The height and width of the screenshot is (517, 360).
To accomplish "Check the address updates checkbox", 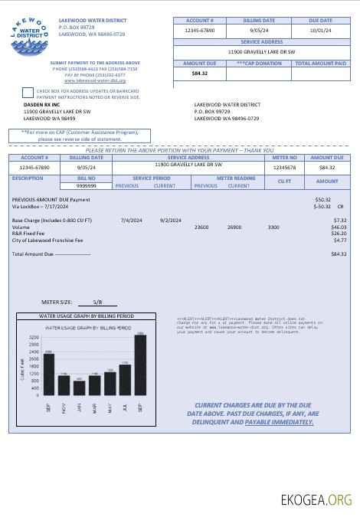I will coord(28,92).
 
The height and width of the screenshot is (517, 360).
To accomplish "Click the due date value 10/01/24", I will coord(320,31).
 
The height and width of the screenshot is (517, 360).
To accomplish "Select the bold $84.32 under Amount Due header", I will coord(200,74).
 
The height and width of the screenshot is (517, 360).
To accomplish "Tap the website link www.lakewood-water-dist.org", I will coord(95,80).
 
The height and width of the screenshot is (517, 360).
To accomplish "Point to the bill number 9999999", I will coord(87,185).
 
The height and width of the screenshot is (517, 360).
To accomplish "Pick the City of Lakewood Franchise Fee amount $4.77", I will coord(339,241).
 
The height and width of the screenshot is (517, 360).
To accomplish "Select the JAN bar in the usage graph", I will coord(80,386).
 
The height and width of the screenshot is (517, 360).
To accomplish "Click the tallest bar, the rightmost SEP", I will coord(140,364).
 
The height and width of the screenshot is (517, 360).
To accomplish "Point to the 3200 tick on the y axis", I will coord(34,337).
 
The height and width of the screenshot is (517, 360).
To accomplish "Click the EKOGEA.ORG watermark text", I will coord(316,499).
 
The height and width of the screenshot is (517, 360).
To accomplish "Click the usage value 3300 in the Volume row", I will coord(273,227).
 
